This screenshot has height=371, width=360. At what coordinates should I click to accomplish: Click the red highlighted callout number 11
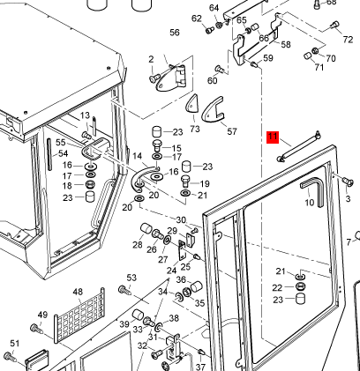click(273, 137)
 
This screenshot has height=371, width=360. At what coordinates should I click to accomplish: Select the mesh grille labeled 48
click(79, 315)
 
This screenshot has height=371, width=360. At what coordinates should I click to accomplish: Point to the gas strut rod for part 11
click(299, 146)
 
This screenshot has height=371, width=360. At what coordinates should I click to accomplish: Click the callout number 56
click(175, 33)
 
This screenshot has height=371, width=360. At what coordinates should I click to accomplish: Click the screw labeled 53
click(125, 290)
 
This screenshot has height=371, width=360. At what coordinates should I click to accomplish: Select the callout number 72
click(348, 40)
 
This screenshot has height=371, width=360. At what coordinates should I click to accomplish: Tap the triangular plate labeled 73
click(191, 105)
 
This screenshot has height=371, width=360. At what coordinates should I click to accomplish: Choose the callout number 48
click(78, 292)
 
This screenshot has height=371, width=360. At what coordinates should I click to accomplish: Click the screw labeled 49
click(37, 329)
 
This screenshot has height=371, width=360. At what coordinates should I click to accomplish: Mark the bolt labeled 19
click(185, 181)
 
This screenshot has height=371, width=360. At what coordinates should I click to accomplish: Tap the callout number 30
click(181, 219)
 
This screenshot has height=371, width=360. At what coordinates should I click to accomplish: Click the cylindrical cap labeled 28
click(146, 228)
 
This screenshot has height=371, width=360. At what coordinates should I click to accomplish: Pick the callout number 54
click(63, 153)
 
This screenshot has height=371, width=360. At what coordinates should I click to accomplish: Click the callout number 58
click(286, 44)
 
